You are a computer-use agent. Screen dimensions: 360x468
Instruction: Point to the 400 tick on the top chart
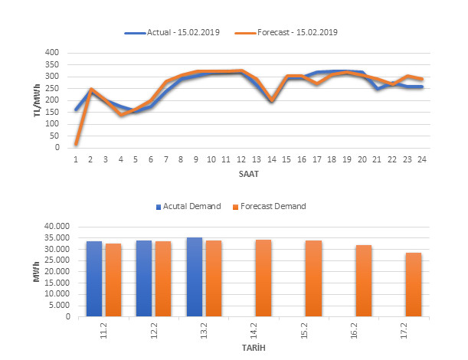coord(52,53)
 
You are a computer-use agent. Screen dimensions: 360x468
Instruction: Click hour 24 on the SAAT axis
coord(421,159)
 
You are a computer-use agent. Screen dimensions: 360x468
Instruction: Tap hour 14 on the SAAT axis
coord(270,159)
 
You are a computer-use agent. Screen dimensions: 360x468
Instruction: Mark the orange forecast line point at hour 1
coord(76,143)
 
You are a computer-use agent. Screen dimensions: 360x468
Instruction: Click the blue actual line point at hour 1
coord(76,110)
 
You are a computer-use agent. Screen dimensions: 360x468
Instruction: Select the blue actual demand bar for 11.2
coord(94,279)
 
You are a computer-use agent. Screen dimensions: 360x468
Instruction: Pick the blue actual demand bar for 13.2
coord(194,277)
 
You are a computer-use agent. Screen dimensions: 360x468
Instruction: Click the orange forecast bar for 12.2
coord(163,279)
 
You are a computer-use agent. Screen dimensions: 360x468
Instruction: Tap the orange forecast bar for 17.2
coord(414,284)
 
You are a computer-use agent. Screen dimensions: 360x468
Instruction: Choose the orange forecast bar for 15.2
coord(313,278)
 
